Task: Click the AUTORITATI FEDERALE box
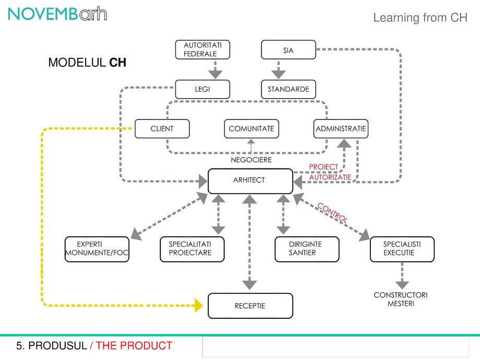pos(202,50)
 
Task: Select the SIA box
pos(288,50)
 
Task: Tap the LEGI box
pos(202,89)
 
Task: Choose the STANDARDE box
pos(289,89)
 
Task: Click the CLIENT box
pos(162,129)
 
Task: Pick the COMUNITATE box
pos(251,129)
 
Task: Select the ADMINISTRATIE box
pos(341,129)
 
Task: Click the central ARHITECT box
pos(250,181)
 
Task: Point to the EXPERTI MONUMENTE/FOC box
pos(97,249)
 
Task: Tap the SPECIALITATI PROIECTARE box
pos(192,249)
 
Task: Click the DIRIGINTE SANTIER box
pos(307,249)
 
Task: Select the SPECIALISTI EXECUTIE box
pos(402,249)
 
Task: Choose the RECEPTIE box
pos(250,306)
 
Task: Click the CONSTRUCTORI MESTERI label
pos(401,299)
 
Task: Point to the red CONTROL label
pos(332,212)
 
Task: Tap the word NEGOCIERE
pos(251,160)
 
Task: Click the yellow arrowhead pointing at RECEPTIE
pos(199,305)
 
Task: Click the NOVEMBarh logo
pos(57,14)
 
